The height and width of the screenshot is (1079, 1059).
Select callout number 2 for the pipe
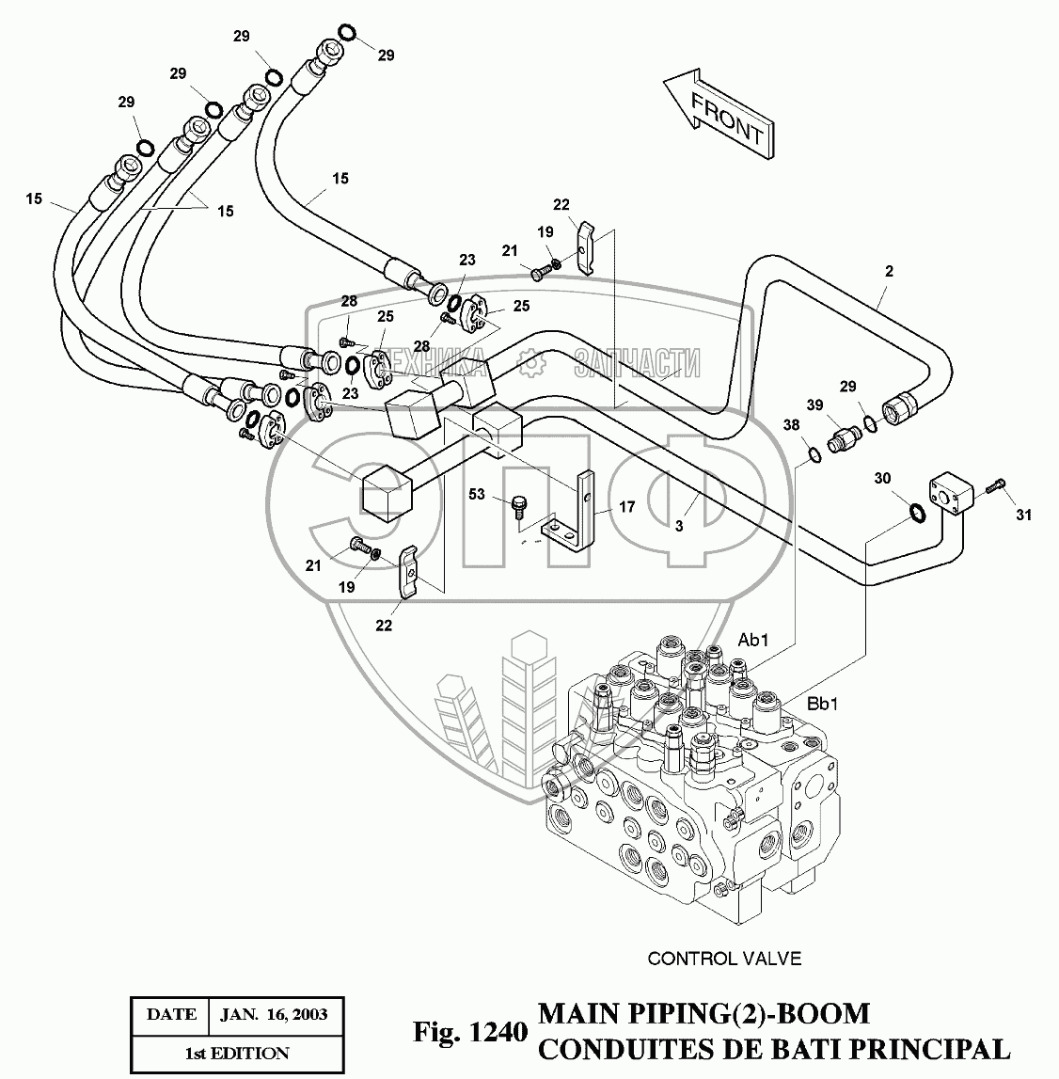pyautogui.click(x=889, y=271)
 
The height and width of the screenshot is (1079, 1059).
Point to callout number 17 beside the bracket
pyautogui.click(x=626, y=507)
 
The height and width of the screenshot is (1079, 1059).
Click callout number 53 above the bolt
pyautogui.click(x=478, y=494)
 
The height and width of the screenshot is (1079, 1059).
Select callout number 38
pyautogui.click(x=792, y=426)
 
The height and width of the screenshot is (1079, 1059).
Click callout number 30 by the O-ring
pyautogui.click(x=881, y=479)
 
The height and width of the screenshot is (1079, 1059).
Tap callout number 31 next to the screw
pyautogui.click(x=1023, y=515)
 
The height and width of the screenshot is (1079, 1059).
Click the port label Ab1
pyautogui.click(x=753, y=641)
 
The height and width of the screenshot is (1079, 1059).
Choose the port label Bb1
pyautogui.click(x=825, y=704)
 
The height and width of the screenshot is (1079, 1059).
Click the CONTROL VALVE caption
pyautogui.click(x=724, y=959)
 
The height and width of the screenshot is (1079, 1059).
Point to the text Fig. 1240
pyautogui.click(x=467, y=1032)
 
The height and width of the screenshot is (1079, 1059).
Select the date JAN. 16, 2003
pyautogui.click(x=274, y=1014)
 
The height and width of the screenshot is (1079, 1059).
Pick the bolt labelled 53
pyautogui.click(x=517, y=506)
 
